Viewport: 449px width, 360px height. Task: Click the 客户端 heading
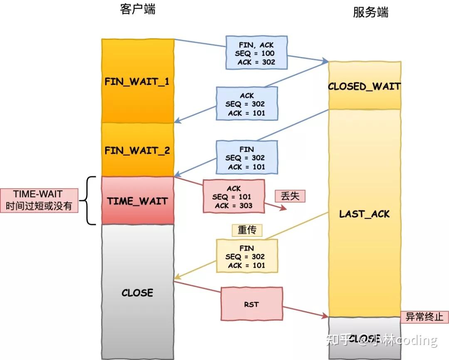tap(138, 10)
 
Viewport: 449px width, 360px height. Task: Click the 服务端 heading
tap(370, 12)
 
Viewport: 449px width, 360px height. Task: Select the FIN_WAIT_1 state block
tap(137, 81)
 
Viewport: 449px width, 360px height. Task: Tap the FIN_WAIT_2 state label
tap(137, 150)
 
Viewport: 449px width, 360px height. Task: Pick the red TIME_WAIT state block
tap(137, 201)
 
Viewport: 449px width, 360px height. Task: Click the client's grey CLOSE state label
tap(137, 293)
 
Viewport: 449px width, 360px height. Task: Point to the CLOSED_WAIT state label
tap(364, 87)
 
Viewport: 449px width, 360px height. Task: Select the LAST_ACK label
tap(365, 214)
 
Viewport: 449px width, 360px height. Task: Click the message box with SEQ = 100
tap(256, 53)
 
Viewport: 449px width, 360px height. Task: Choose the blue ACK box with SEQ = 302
tap(247, 104)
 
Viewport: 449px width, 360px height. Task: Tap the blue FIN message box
tap(247, 158)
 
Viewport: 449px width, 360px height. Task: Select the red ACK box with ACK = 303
tap(234, 197)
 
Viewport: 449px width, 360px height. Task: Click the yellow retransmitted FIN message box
tap(247, 256)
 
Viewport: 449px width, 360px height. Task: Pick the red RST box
tap(251, 304)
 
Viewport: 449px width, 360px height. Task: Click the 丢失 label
tap(290, 196)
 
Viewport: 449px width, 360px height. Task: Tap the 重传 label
tap(247, 230)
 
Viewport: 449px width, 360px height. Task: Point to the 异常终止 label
tap(424, 317)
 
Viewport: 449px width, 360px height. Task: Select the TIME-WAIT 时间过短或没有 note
tap(39, 200)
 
